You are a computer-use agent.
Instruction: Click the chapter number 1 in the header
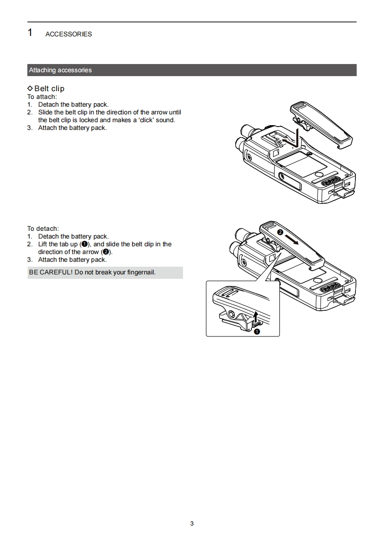click(30, 33)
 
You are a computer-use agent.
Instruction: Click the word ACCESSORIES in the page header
click(68, 34)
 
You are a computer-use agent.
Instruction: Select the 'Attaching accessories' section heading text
click(60, 70)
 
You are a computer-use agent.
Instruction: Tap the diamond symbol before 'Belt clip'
click(30, 88)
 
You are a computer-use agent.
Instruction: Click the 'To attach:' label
click(42, 96)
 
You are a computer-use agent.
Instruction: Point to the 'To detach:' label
click(43, 228)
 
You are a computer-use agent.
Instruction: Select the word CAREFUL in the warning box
click(55, 272)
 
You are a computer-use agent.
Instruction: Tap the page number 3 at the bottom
click(192, 523)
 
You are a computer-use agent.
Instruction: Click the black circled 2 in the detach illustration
click(279, 233)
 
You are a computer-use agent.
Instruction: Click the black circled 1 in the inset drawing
click(257, 332)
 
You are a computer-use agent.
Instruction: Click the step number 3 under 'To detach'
click(30, 260)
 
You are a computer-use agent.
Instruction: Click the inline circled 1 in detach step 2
click(84, 244)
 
